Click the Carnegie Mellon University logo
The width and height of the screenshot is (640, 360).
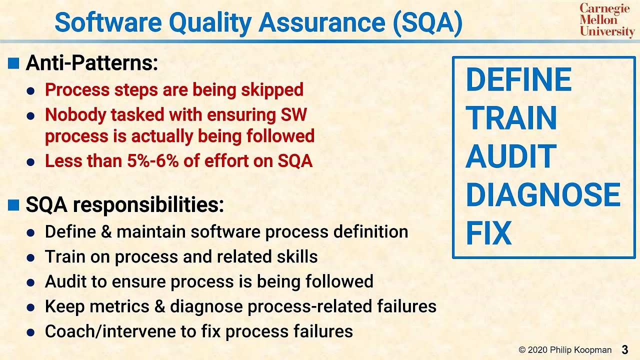pos(607,20)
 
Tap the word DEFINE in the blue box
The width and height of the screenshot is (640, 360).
pos(518,80)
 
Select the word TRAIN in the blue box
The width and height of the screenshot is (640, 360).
pos(511,118)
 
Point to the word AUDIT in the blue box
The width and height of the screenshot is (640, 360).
pos(510,156)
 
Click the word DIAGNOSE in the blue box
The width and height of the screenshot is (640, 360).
pos(542,195)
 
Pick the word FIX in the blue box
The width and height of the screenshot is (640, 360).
pos(488,233)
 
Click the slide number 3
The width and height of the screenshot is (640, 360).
pos(625,349)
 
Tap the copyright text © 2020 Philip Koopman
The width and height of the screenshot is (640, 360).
pos(564,350)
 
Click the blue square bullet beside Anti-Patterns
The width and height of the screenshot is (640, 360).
pos(14,63)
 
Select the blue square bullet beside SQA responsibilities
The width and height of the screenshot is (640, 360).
pos(14,204)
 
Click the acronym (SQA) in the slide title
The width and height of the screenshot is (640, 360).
pos(427,22)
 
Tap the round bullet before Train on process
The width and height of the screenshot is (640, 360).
pos(30,258)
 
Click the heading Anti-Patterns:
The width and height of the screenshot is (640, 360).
pos(91,63)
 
